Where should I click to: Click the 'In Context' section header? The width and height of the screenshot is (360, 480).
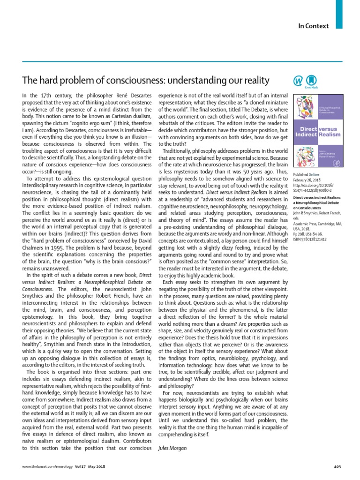[x=314, y=26]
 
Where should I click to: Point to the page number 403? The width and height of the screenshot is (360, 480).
[x=337, y=467]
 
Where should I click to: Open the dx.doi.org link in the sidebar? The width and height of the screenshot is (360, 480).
[x=312, y=186]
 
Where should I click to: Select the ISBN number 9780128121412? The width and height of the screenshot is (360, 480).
[x=309, y=240]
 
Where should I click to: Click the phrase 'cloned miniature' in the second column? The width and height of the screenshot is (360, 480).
[x=251, y=102]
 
